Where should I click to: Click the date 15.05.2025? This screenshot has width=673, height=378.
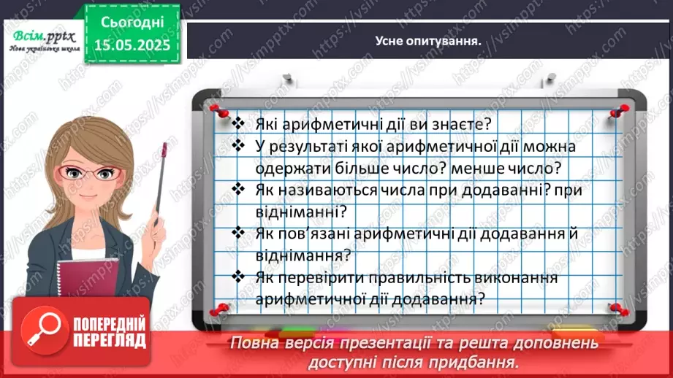coord(132,45)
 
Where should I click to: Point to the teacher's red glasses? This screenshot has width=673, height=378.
coord(82,173)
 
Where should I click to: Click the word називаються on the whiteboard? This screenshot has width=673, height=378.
coord(336,190)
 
